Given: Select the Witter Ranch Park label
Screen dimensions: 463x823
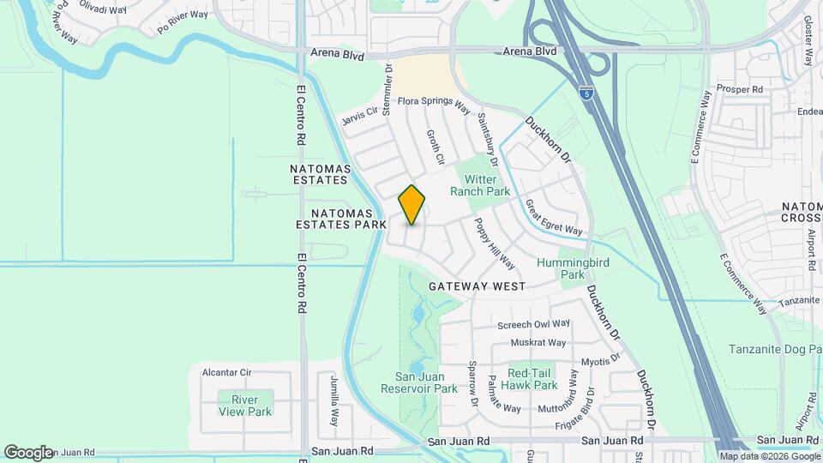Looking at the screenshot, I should [487, 185].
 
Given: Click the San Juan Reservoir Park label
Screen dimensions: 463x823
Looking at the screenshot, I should [419, 382].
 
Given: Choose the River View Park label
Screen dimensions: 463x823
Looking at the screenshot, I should [244, 406].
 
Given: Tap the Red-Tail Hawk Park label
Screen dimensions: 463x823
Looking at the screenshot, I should [532, 379].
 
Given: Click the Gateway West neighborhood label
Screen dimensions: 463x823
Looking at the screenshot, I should [477, 286].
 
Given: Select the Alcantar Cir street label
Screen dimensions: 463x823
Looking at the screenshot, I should [226, 372].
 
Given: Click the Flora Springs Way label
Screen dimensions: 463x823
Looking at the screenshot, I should [434, 104].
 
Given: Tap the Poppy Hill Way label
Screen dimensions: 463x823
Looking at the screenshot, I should [495, 243].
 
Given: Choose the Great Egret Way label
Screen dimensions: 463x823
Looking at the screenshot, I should [554, 218].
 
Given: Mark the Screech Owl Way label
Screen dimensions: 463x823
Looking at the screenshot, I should [534, 324].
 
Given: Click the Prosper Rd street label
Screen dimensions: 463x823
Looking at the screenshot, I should [741, 89].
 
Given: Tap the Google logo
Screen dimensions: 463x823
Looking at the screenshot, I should [27, 452].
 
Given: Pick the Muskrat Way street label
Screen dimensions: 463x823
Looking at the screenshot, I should [538, 343].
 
